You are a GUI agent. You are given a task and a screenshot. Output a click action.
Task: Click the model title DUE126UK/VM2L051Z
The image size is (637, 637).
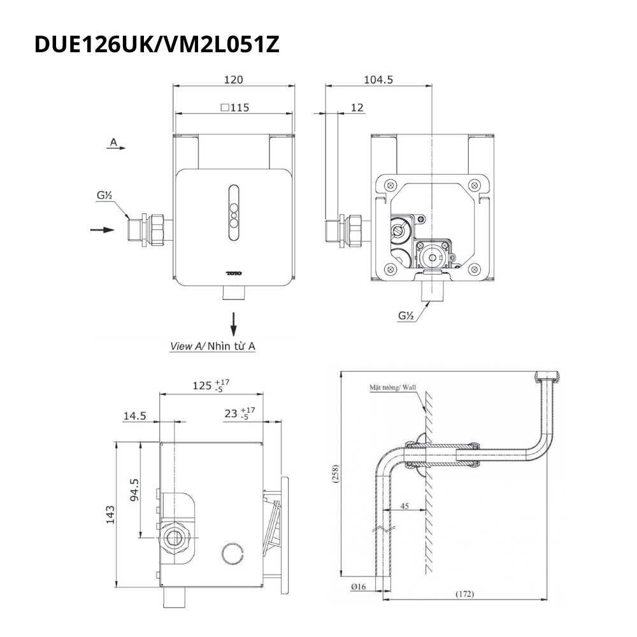157,45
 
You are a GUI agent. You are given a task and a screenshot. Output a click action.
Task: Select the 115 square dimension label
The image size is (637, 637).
234,108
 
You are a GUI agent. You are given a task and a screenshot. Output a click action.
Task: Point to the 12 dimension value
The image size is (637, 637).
357,108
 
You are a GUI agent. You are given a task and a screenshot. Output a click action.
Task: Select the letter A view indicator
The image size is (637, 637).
113,142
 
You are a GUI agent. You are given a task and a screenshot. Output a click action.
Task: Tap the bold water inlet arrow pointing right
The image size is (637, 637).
102,229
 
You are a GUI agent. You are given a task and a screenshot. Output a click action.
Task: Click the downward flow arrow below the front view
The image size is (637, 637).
234,323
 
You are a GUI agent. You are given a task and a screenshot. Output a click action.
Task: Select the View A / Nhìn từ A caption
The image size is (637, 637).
213,346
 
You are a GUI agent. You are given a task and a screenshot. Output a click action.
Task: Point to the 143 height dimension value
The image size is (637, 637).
111,514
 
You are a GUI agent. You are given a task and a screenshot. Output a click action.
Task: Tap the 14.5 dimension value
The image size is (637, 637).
134,416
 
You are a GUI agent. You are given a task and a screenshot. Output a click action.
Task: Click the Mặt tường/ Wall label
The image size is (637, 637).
390,387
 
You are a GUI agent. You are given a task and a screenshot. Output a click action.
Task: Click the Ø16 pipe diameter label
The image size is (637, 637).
358,587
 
